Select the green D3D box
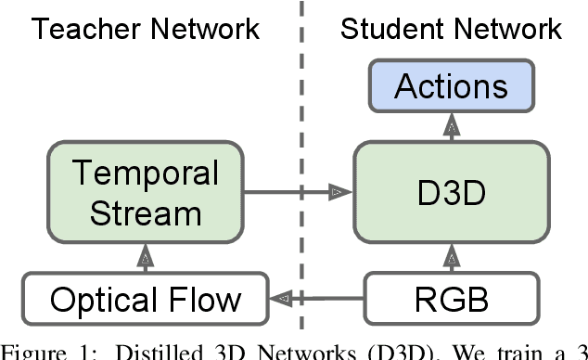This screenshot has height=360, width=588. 451,194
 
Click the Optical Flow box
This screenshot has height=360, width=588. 146,299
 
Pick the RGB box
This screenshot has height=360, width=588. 451,299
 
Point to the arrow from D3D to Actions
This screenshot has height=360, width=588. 451,129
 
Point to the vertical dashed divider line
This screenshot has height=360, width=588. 301,111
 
